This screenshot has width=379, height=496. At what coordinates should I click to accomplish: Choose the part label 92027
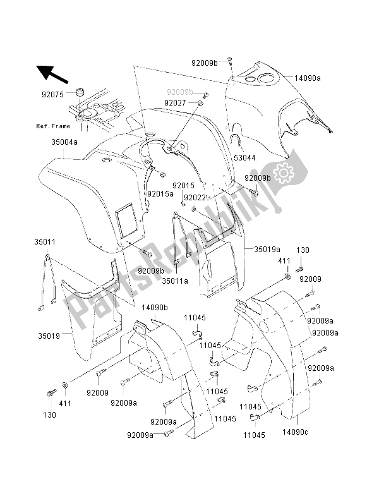pos(175,102)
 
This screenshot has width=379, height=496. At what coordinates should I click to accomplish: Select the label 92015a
pos(160,193)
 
